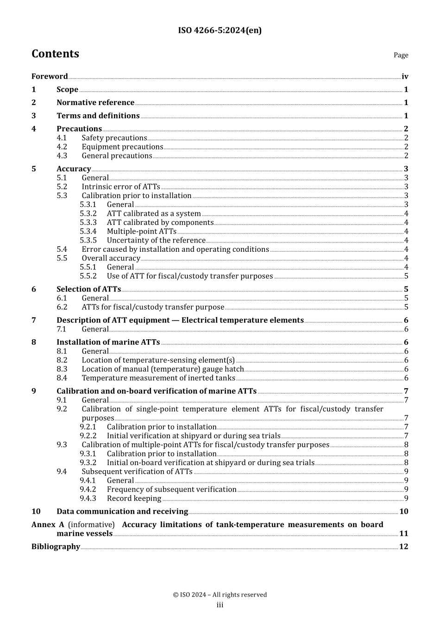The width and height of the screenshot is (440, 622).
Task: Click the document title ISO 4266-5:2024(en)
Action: click(x=220, y=31)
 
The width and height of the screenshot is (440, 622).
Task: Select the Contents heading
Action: click(x=55, y=54)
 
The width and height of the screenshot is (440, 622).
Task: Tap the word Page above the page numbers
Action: click(x=401, y=55)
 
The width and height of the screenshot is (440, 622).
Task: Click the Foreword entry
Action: click(x=50, y=76)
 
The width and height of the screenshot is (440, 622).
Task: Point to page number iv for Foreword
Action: click(x=405, y=77)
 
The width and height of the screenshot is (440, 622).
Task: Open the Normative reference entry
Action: click(x=95, y=103)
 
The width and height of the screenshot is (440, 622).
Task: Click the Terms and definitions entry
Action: click(x=98, y=116)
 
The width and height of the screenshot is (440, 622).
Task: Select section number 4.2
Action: click(x=62, y=147)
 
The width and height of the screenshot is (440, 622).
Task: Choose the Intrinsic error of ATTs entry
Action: click(x=121, y=187)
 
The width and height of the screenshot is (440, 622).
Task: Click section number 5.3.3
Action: click(x=88, y=223)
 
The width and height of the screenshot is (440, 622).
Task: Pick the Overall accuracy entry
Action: click(x=111, y=258)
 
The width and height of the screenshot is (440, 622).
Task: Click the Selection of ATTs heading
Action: click(x=88, y=289)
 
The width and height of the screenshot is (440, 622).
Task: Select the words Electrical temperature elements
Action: click(x=242, y=320)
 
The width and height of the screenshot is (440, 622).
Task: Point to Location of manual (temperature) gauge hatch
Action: click(x=163, y=369)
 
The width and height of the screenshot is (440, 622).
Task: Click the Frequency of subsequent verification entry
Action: click(x=171, y=490)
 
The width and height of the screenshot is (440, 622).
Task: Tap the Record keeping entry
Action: click(x=134, y=498)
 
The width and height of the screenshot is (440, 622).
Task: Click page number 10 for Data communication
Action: click(x=403, y=511)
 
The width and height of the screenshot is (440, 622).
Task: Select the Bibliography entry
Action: click(x=56, y=547)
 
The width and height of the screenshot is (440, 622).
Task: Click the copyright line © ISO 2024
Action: click(x=220, y=595)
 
